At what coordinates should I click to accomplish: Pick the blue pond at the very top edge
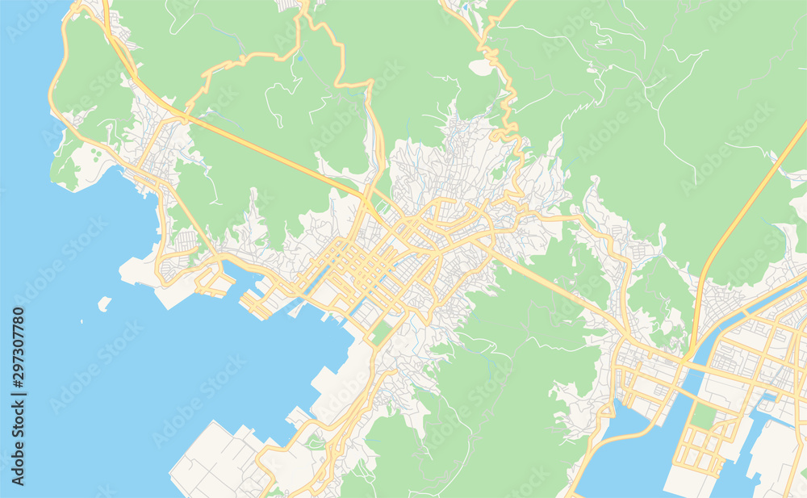click(466, 6)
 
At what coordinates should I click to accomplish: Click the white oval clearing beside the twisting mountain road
click(482, 68)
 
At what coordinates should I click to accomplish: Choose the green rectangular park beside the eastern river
click(704, 416)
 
